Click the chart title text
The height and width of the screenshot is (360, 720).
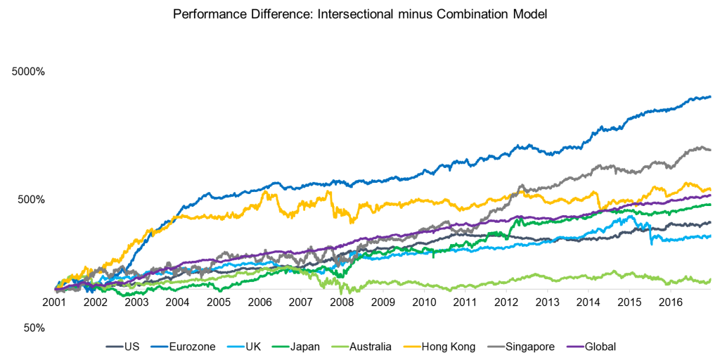[360, 13]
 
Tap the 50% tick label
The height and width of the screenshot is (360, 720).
[33, 328]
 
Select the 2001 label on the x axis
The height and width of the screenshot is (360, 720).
[54, 301]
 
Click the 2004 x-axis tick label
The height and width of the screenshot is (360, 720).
[177, 301]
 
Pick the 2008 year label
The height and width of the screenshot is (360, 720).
[342, 301]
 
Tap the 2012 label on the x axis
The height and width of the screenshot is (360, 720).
[506, 301]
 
